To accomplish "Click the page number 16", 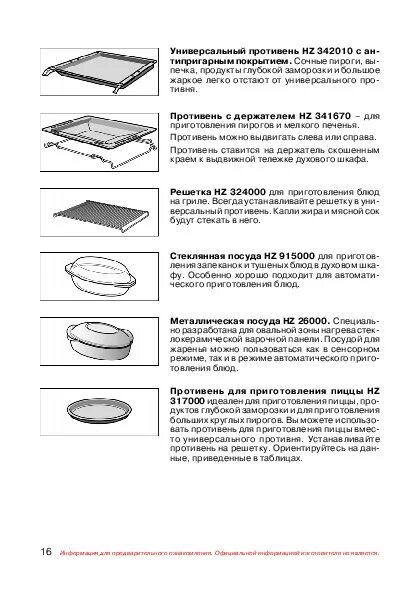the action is (47, 553).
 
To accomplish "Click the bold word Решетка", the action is (190, 189).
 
